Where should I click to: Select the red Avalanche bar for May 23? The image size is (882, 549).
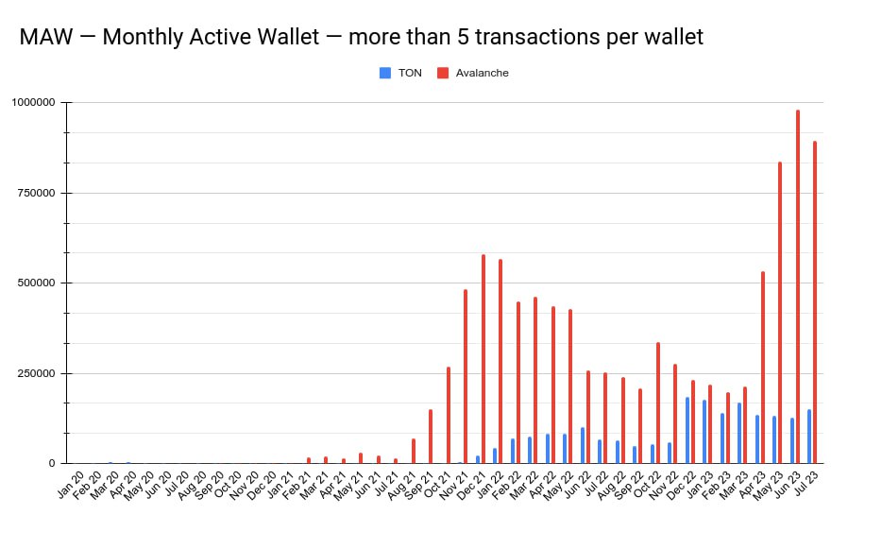tap(780, 313)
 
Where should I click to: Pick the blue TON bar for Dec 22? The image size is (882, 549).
tap(687, 430)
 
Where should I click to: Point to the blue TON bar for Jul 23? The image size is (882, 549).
tap(809, 437)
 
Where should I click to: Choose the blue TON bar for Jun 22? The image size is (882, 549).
tap(583, 445)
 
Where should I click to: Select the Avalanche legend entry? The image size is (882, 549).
tap(479, 73)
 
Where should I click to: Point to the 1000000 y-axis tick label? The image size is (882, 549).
tap(35, 102)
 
